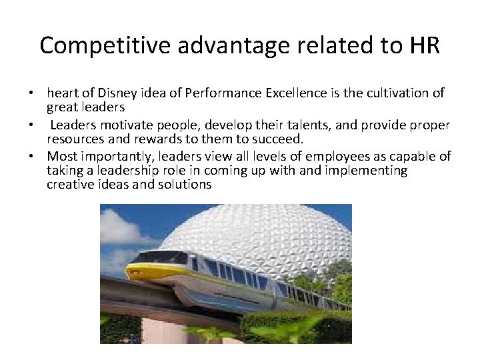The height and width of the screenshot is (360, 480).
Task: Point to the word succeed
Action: pyautogui.click(x=281, y=139)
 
